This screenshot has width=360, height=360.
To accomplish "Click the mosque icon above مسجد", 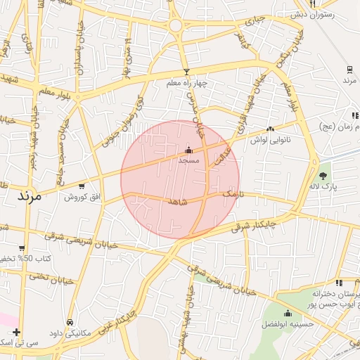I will pos(188,150).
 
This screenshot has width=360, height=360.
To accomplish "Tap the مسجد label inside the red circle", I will pos(188,161).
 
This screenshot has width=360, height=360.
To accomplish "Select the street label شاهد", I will pos(177,201).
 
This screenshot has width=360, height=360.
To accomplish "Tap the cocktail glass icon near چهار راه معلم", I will pos(186,72).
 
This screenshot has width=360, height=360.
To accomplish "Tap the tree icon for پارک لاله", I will pos(323,176).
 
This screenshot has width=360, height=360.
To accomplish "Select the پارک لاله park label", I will pos(324,187).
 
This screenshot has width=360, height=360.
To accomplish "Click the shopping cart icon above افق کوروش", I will pos(82,186).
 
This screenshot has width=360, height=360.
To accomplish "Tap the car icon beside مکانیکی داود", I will pos(70,322).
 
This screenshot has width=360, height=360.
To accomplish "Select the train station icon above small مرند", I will pos(349,69).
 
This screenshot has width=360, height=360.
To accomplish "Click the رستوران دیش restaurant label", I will pos(332,14).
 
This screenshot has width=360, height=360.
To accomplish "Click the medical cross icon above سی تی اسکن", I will pos(17,332).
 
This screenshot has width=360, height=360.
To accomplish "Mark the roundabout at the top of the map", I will pos(175,26).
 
